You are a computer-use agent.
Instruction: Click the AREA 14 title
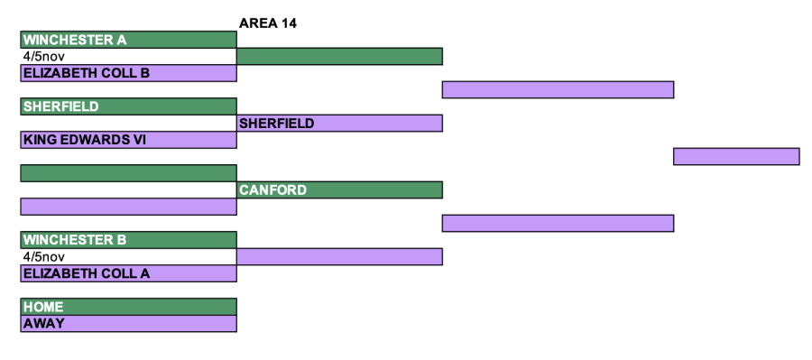[x=268, y=23]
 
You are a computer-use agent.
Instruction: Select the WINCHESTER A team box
[x=128, y=40]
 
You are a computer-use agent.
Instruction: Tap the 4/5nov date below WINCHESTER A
[x=44, y=57]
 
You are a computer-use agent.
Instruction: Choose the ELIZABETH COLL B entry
[x=128, y=73]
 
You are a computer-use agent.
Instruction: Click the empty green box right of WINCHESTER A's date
[x=339, y=57]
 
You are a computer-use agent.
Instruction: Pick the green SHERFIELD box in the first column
[x=128, y=106]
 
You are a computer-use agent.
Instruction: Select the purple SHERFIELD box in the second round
[x=339, y=124]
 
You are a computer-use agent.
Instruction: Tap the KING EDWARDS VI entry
[x=128, y=140]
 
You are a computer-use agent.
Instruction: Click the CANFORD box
[x=339, y=190]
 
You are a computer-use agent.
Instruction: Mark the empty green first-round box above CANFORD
[x=128, y=173]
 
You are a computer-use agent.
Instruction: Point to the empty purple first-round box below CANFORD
[x=128, y=207]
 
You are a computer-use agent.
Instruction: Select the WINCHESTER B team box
[x=128, y=240]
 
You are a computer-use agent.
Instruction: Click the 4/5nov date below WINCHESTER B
[x=44, y=256]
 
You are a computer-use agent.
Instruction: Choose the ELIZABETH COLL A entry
[x=128, y=273]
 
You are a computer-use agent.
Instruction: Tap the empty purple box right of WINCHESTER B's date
[x=339, y=256]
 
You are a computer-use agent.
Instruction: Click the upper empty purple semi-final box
[x=558, y=89]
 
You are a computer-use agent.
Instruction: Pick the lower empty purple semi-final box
[x=558, y=223]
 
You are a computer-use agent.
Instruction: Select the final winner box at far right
[x=736, y=156]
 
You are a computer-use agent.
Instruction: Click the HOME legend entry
[x=128, y=307]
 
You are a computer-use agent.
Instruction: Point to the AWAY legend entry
[x=128, y=323]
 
